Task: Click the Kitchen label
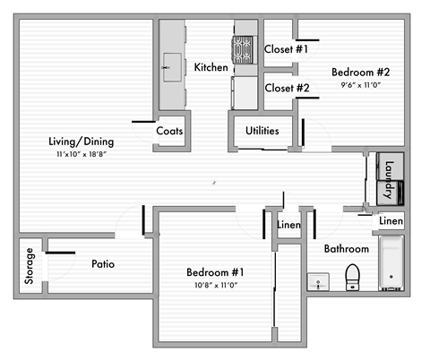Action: (211, 67)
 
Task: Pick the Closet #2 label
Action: (287, 89)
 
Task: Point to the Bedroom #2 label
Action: (361, 72)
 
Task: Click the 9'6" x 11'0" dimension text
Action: (361, 85)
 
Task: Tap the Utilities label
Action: (262, 131)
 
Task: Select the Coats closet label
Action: (169, 131)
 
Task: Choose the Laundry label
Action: (390, 179)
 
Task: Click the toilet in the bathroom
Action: (352, 278)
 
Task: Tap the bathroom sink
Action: (318, 281)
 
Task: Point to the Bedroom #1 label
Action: (216, 272)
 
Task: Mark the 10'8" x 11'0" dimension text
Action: (216, 286)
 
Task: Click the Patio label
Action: (102, 265)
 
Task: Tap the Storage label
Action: (30, 266)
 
